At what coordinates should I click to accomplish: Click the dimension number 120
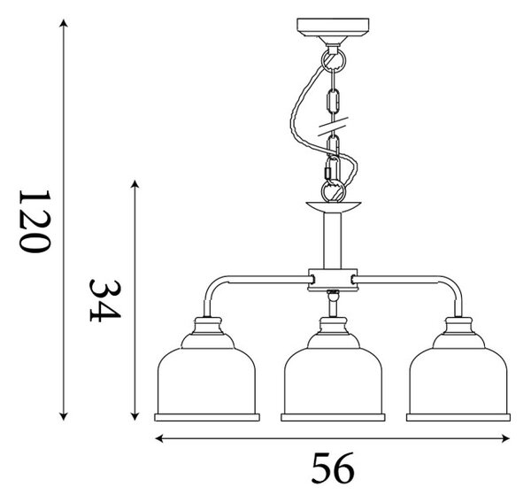[x=35, y=221]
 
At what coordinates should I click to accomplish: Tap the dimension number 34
[x=105, y=301]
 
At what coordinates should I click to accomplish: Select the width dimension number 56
[x=333, y=468]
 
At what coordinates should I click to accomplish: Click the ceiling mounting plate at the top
[x=333, y=27]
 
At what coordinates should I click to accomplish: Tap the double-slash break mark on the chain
[x=333, y=127]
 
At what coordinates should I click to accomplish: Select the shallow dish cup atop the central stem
[x=334, y=207]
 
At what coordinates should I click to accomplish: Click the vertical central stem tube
[x=333, y=241]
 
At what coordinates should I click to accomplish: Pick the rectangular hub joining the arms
[x=333, y=280]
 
